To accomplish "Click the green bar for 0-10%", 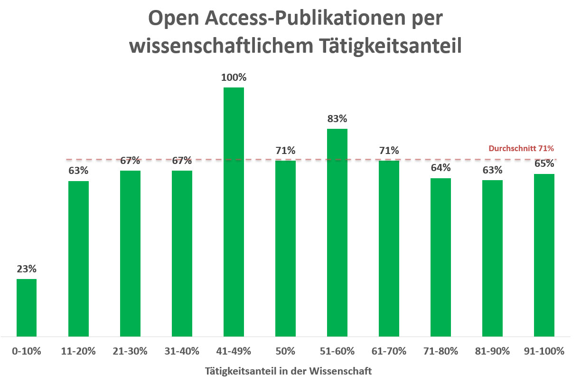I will coord(27,308).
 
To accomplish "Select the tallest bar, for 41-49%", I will coord(234,212).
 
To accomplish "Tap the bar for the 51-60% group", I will coord(337,232).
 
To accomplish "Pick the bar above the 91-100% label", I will coord(544,255).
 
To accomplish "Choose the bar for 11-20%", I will coord(78,259).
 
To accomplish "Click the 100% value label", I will coord(234,77).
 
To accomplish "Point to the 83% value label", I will coord(337,118).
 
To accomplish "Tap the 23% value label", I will coord(27,269).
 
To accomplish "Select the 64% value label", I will coord(440,168).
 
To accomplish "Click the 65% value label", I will coord(544,164).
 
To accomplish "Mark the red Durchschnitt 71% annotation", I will coord(521,149).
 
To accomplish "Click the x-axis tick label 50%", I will coord(285,352).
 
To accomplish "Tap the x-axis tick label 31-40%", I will coord(182,352).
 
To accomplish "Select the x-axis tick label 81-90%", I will coord(492,352).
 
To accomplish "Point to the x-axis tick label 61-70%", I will coord(389,352).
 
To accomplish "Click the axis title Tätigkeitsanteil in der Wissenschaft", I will coord(289,370).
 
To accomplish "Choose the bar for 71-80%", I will coord(440,257).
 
